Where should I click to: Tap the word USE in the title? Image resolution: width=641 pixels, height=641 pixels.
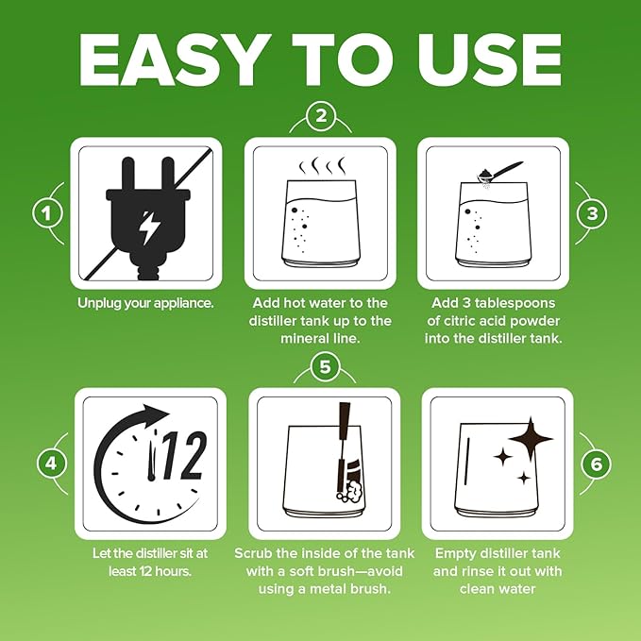pyautogui.click(x=489, y=60)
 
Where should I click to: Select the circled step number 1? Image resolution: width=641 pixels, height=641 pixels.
pyautogui.click(x=47, y=213)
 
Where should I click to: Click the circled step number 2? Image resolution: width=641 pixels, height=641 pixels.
pyautogui.click(x=321, y=116)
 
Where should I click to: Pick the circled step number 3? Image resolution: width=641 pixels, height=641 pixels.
pyautogui.click(x=592, y=213)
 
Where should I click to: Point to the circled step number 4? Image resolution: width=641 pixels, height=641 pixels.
pyautogui.click(x=52, y=464)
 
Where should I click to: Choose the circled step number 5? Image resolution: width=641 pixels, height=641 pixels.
pyautogui.click(x=325, y=366)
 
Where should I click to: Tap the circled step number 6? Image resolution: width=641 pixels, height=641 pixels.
pyautogui.click(x=596, y=464)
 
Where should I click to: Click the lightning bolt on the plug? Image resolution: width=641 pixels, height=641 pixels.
pyautogui.click(x=146, y=228)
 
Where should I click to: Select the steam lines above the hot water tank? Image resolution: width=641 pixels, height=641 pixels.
pyautogui.click(x=322, y=166)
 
